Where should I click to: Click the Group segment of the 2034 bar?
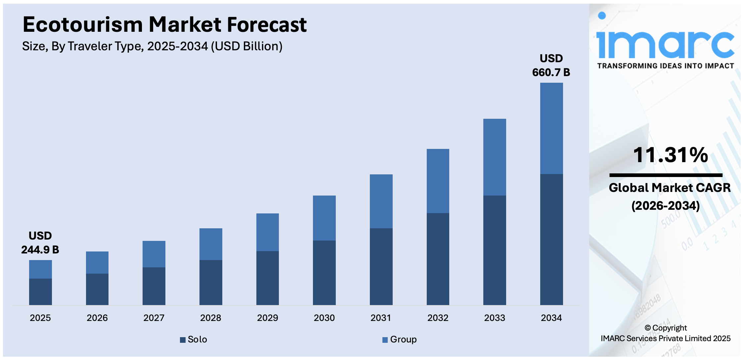(x=551, y=128)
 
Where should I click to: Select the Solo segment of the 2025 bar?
(x=40, y=292)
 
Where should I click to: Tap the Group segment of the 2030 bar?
(x=324, y=218)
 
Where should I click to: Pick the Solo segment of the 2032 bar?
(x=438, y=259)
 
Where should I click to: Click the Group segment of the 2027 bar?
(x=154, y=254)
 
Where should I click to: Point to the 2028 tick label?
(x=210, y=318)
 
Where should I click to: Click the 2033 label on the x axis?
(x=495, y=318)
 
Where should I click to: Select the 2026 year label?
(x=97, y=318)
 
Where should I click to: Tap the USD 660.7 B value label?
(x=551, y=66)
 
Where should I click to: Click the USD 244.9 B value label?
(x=40, y=243)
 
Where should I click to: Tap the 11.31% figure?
(x=670, y=155)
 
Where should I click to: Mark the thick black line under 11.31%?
(x=666, y=175)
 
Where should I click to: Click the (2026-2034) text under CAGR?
(x=666, y=206)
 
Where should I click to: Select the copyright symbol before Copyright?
(x=647, y=328)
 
